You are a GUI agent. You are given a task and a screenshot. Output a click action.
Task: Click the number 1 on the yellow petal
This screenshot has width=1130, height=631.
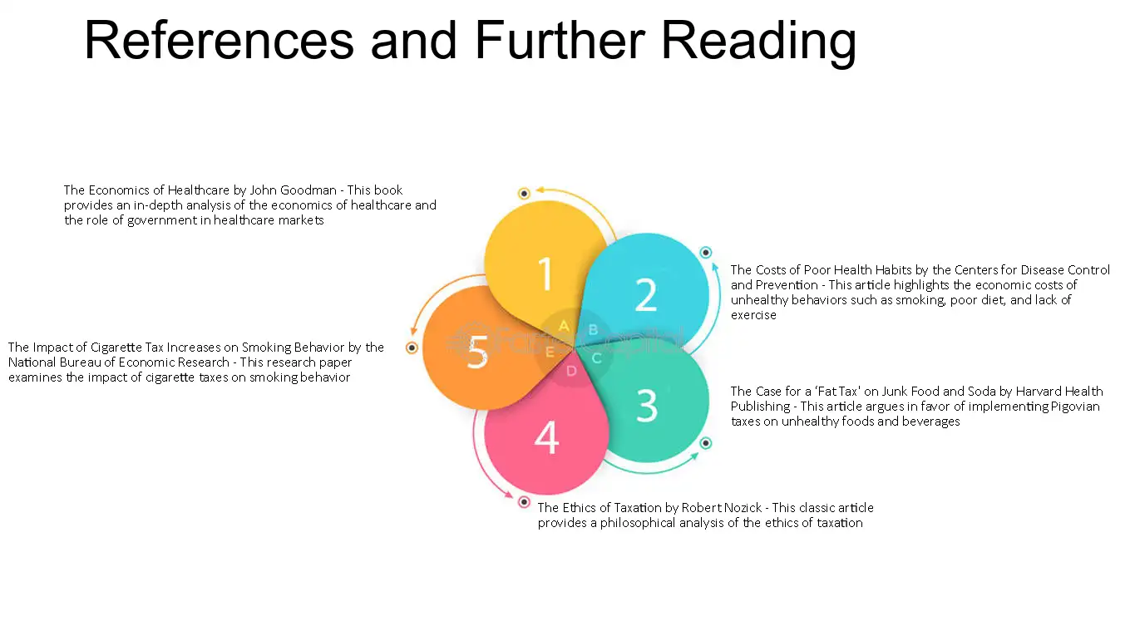[545, 274]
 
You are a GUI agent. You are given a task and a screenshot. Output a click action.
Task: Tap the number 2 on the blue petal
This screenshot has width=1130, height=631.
[646, 294]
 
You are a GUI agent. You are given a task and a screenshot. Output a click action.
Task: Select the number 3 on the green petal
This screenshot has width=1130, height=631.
[647, 405]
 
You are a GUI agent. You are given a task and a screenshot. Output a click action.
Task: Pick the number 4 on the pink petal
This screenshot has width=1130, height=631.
[546, 437]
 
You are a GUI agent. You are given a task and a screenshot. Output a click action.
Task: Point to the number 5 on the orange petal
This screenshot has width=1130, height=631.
[477, 352]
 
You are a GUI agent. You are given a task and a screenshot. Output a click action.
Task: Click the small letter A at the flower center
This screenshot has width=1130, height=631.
[564, 326]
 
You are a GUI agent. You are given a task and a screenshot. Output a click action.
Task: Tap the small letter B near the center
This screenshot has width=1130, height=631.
[593, 330]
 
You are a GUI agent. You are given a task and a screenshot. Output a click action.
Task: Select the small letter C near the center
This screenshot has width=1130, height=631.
[596, 358]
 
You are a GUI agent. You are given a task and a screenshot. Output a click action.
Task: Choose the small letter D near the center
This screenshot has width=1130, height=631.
[571, 372]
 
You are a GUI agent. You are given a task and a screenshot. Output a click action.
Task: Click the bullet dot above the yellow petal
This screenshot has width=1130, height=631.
[524, 193]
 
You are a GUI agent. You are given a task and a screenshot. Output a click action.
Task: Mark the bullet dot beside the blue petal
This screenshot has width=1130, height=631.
[705, 252]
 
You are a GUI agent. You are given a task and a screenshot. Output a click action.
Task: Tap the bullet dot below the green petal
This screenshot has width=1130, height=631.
[705, 443]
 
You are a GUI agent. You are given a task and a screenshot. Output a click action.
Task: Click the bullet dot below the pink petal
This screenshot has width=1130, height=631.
[524, 502]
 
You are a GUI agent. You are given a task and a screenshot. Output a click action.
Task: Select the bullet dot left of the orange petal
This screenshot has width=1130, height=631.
[412, 348]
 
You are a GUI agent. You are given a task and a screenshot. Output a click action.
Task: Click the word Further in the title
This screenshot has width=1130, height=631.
[560, 40]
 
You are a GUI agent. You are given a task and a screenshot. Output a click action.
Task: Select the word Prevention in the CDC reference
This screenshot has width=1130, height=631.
[787, 285]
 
